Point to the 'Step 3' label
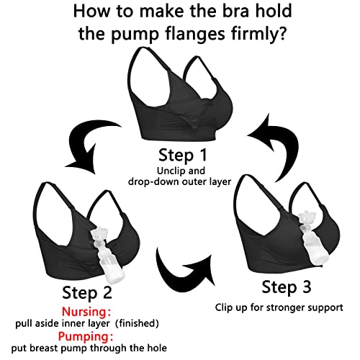[287, 289]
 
